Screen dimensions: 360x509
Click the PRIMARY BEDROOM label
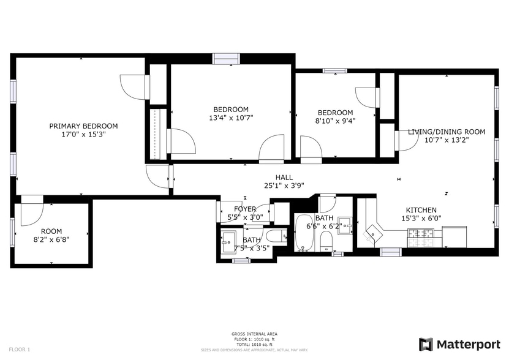click(x=83, y=126)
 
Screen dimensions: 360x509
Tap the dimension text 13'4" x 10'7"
click(x=231, y=118)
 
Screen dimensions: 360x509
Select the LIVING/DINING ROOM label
click(x=447, y=132)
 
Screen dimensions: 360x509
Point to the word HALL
click(x=284, y=177)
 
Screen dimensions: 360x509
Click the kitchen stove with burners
click(x=421, y=234)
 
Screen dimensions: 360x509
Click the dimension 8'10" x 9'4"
click(x=335, y=121)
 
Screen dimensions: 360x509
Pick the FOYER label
click(x=244, y=209)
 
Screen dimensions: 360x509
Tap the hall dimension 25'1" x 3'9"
click(x=284, y=186)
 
